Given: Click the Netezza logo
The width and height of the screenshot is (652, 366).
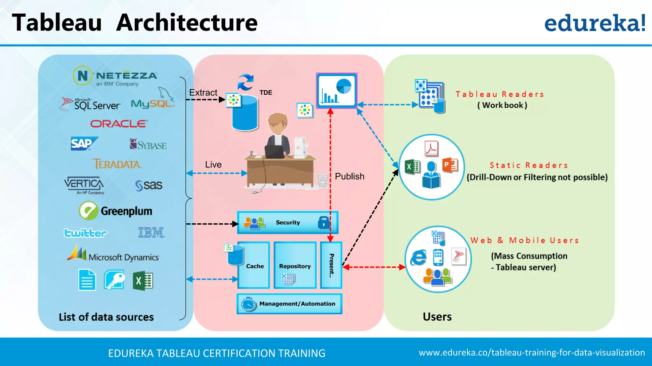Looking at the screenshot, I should coord(115,76).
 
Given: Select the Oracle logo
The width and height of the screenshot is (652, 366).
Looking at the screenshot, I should coord(119,124).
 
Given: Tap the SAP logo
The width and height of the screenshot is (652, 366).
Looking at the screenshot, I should coord(83,144).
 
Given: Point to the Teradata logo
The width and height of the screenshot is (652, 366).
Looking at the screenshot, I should coord(117,164).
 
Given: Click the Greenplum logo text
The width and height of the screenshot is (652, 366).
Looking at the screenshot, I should coord(126,211).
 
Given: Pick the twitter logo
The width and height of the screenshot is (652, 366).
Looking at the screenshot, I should coord(85,233).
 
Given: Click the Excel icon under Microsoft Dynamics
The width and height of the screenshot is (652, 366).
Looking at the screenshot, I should coord(143,281).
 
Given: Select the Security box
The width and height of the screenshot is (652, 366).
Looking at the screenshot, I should coord(287,222).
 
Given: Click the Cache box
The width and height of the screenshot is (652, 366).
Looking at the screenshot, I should coord(254,266).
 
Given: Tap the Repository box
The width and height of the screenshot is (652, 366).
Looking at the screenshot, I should coord(295,266).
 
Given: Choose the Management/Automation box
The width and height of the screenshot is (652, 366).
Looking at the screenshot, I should coord(289,304).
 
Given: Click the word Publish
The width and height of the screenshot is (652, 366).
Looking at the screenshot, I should coord(350,176).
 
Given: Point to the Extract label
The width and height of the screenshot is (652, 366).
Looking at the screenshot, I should coord(203,92).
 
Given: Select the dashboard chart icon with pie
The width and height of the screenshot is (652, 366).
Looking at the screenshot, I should coord(337,91).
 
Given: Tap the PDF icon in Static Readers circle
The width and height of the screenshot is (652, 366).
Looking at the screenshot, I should coord(431,149).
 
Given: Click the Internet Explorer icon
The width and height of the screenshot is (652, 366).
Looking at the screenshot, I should coord(418,257).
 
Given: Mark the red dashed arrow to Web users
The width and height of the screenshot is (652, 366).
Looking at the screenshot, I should coord(374,267).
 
